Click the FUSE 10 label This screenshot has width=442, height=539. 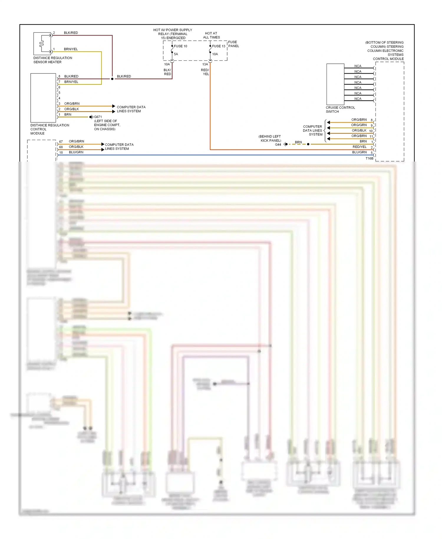coord(180,46)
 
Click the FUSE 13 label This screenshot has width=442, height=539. coord(218,46)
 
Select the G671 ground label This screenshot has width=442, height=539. coord(98,117)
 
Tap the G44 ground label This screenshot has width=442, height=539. coord(278,144)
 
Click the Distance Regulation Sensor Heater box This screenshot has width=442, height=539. coord(42,44)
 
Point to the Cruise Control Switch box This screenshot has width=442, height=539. coord(335,84)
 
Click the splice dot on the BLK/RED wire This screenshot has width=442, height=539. coord(112,79)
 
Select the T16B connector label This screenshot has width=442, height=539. coord(369,158)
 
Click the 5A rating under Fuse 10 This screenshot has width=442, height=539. coord(176,54)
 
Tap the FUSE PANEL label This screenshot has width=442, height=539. coord(233,44)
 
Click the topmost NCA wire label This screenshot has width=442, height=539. coord(358,66)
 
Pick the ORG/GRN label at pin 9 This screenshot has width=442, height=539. coord(359,125)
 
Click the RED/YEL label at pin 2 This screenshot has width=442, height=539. coord(359,147)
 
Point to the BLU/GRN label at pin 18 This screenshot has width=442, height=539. coord(76,152)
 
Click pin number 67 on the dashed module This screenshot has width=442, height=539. coord(61,142)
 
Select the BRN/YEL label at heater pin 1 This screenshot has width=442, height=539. coord(71,49)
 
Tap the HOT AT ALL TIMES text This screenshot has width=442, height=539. coord(211,35)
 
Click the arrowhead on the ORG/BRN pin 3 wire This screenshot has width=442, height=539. coord(114,106)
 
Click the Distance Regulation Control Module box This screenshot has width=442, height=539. coord(43,98)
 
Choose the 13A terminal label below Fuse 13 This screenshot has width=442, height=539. coord(205,64)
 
